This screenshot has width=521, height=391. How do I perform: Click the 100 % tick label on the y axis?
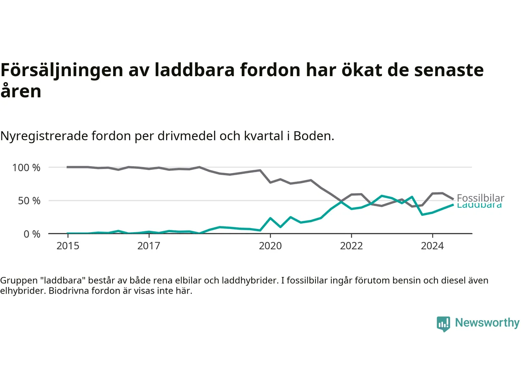point(26,167)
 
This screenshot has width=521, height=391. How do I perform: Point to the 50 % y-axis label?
point(29,201)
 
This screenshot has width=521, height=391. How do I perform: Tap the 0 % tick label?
point(32,234)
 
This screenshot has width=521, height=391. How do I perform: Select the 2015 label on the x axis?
point(68,246)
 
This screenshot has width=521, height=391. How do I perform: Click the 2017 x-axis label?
point(149,246)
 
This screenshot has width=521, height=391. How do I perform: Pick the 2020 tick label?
point(270,246)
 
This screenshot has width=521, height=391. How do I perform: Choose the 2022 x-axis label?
point(351,246)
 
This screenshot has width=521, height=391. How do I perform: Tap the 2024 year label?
point(432,246)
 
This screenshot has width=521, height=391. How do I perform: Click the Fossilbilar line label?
point(480,198)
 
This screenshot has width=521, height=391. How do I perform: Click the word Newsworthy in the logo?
point(487,323)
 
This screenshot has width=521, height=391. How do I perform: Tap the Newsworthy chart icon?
point(443,324)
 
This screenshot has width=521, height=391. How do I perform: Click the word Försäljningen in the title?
point(62,70)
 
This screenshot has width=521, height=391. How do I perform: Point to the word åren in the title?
point(21,91)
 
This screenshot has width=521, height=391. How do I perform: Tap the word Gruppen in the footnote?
point(19,281)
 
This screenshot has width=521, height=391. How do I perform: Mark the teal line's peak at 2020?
point(270,218)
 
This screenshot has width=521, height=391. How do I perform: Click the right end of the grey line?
point(453,199)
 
